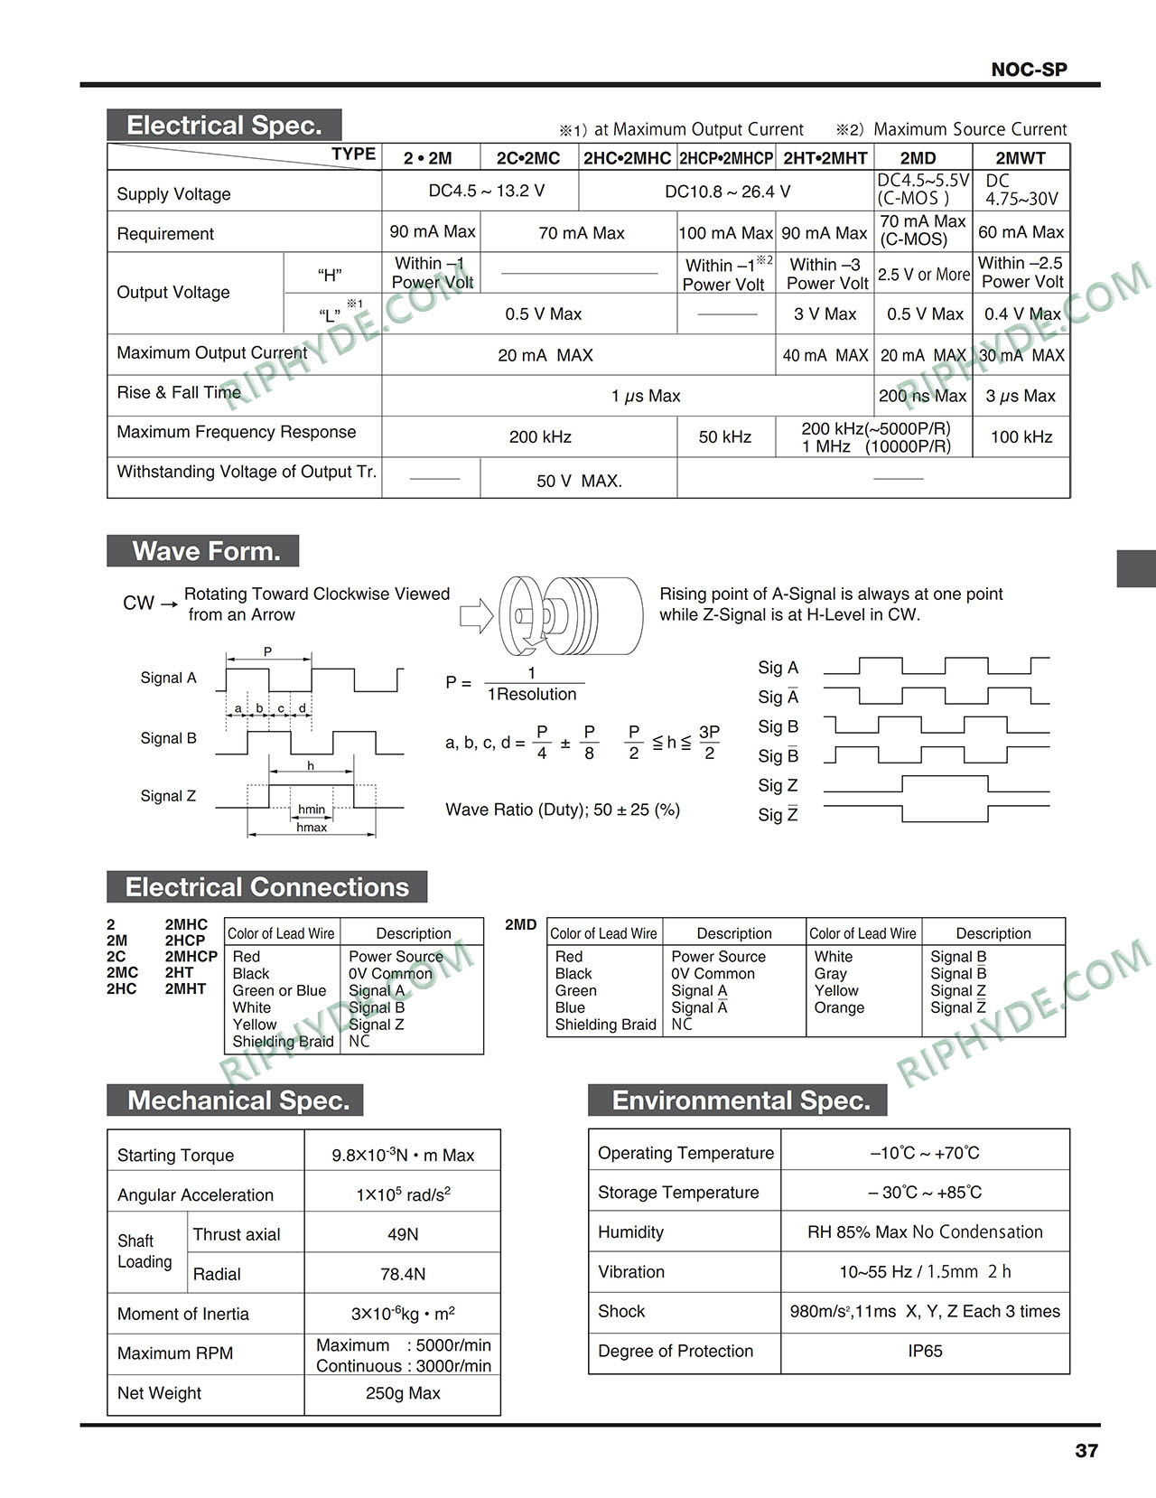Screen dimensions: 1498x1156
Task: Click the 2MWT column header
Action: pyautogui.click(x=1021, y=158)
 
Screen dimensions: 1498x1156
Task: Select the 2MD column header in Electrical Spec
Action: pyautogui.click(x=918, y=158)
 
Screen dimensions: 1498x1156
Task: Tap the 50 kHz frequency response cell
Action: pyautogui.click(x=725, y=437)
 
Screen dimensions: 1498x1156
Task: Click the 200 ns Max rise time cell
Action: pyautogui.click(x=922, y=396)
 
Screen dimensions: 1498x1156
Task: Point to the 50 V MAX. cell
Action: pyautogui.click(x=579, y=481)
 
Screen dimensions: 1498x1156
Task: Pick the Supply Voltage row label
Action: pyautogui.click(x=173, y=194)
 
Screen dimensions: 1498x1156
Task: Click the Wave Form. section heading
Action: pyautogui.click(x=205, y=551)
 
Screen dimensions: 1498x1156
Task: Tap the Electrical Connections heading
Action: pyautogui.click(x=266, y=887)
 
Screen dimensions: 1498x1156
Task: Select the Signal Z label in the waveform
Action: pyautogui.click(x=168, y=796)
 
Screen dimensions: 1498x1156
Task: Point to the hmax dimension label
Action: pyautogui.click(x=312, y=828)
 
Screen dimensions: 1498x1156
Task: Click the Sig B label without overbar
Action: pyautogui.click(x=778, y=726)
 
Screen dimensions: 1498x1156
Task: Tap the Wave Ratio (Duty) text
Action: pyautogui.click(x=563, y=810)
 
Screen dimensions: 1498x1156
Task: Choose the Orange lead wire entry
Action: pyautogui.click(x=839, y=1007)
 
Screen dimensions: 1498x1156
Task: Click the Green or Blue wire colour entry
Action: pyautogui.click(x=279, y=990)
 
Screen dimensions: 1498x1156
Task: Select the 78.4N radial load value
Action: pyautogui.click(x=403, y=1274)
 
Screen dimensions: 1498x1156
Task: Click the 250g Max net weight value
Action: pyautogui.click(x=403, y=1393)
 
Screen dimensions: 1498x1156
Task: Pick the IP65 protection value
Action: pyautogui.click(x=925, y=1351)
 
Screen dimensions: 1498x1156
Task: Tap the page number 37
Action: pyautogui.click(x=1086, y=1451)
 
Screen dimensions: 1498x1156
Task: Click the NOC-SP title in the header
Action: pyautogui.click(x=1029, y=70)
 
